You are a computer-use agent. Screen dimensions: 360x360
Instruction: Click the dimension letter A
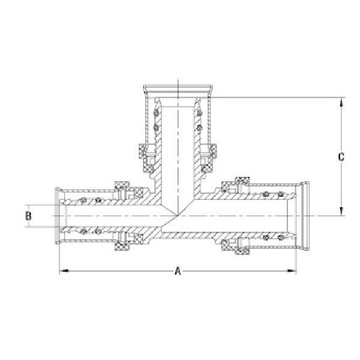coord(178,271)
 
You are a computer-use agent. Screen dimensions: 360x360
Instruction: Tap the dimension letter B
coord(28,215)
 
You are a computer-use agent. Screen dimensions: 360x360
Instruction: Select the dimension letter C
coord(341,157)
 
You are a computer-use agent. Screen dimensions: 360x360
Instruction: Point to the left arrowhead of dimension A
coord(62,271)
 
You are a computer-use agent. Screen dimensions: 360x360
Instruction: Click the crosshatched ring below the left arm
coord(122,247)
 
